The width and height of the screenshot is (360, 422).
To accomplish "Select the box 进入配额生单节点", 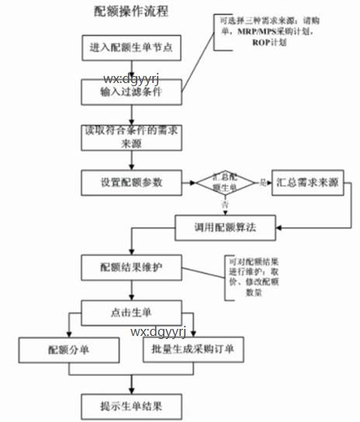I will (x=130, y=48).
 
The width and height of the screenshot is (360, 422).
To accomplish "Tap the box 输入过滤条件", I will (x=130, y=92).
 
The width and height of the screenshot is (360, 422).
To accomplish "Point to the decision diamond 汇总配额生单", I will (x=225, y=183).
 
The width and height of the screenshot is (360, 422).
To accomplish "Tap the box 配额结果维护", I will (x=130, y=267).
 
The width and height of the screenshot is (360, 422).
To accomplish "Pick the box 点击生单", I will (x=130, y=312).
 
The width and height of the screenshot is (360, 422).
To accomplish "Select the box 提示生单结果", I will (x=130, y=405).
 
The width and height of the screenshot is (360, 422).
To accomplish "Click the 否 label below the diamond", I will (x=225, y=205).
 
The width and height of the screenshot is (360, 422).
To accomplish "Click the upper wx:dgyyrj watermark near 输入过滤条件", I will (x=130, y=78).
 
